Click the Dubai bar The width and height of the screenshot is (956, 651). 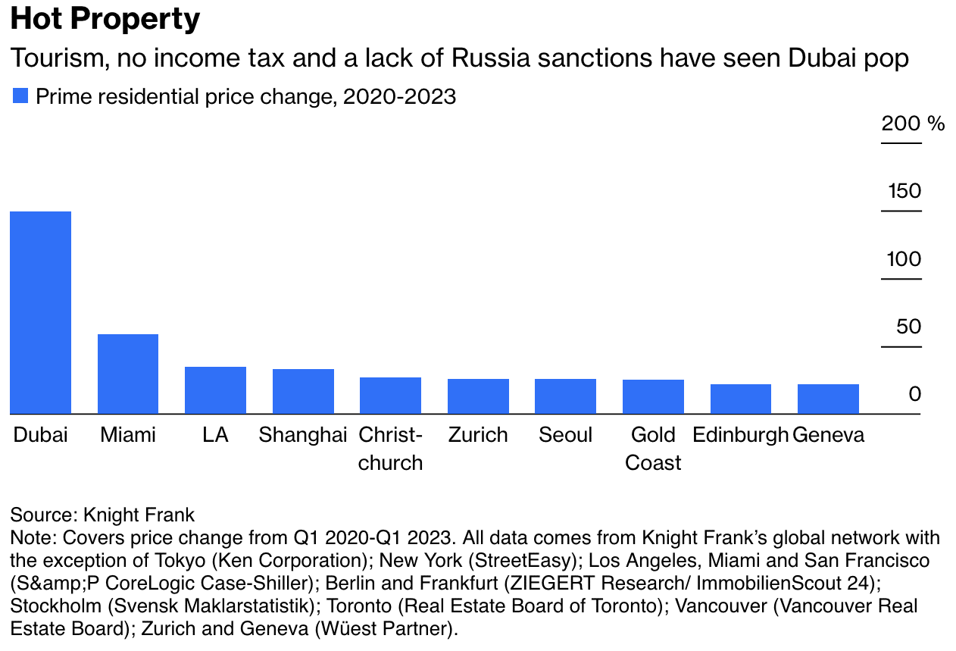coord(40,312)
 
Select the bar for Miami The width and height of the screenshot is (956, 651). coord(128,374)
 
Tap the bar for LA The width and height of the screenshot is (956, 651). coord(215,390)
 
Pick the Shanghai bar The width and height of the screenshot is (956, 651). coord(303,391)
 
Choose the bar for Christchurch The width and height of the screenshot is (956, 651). coord(390,396)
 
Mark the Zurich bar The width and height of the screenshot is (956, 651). coord(478,396)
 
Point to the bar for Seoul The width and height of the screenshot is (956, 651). coord(565,396)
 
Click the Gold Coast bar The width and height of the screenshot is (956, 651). coord(653,396)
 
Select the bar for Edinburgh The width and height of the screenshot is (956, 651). coord(740,399)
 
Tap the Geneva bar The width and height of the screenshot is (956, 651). coord(828,399)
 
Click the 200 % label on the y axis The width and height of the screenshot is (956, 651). coord(913,124)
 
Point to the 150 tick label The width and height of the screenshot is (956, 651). coord(904,191)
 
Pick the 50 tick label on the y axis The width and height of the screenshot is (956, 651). coord(909,327)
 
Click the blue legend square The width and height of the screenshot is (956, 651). coord(20,96)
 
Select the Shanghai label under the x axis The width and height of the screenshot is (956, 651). coord(302,435)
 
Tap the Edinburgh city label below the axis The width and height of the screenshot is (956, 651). coord(740,435)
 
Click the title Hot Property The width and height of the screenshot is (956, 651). coord(105,20)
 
